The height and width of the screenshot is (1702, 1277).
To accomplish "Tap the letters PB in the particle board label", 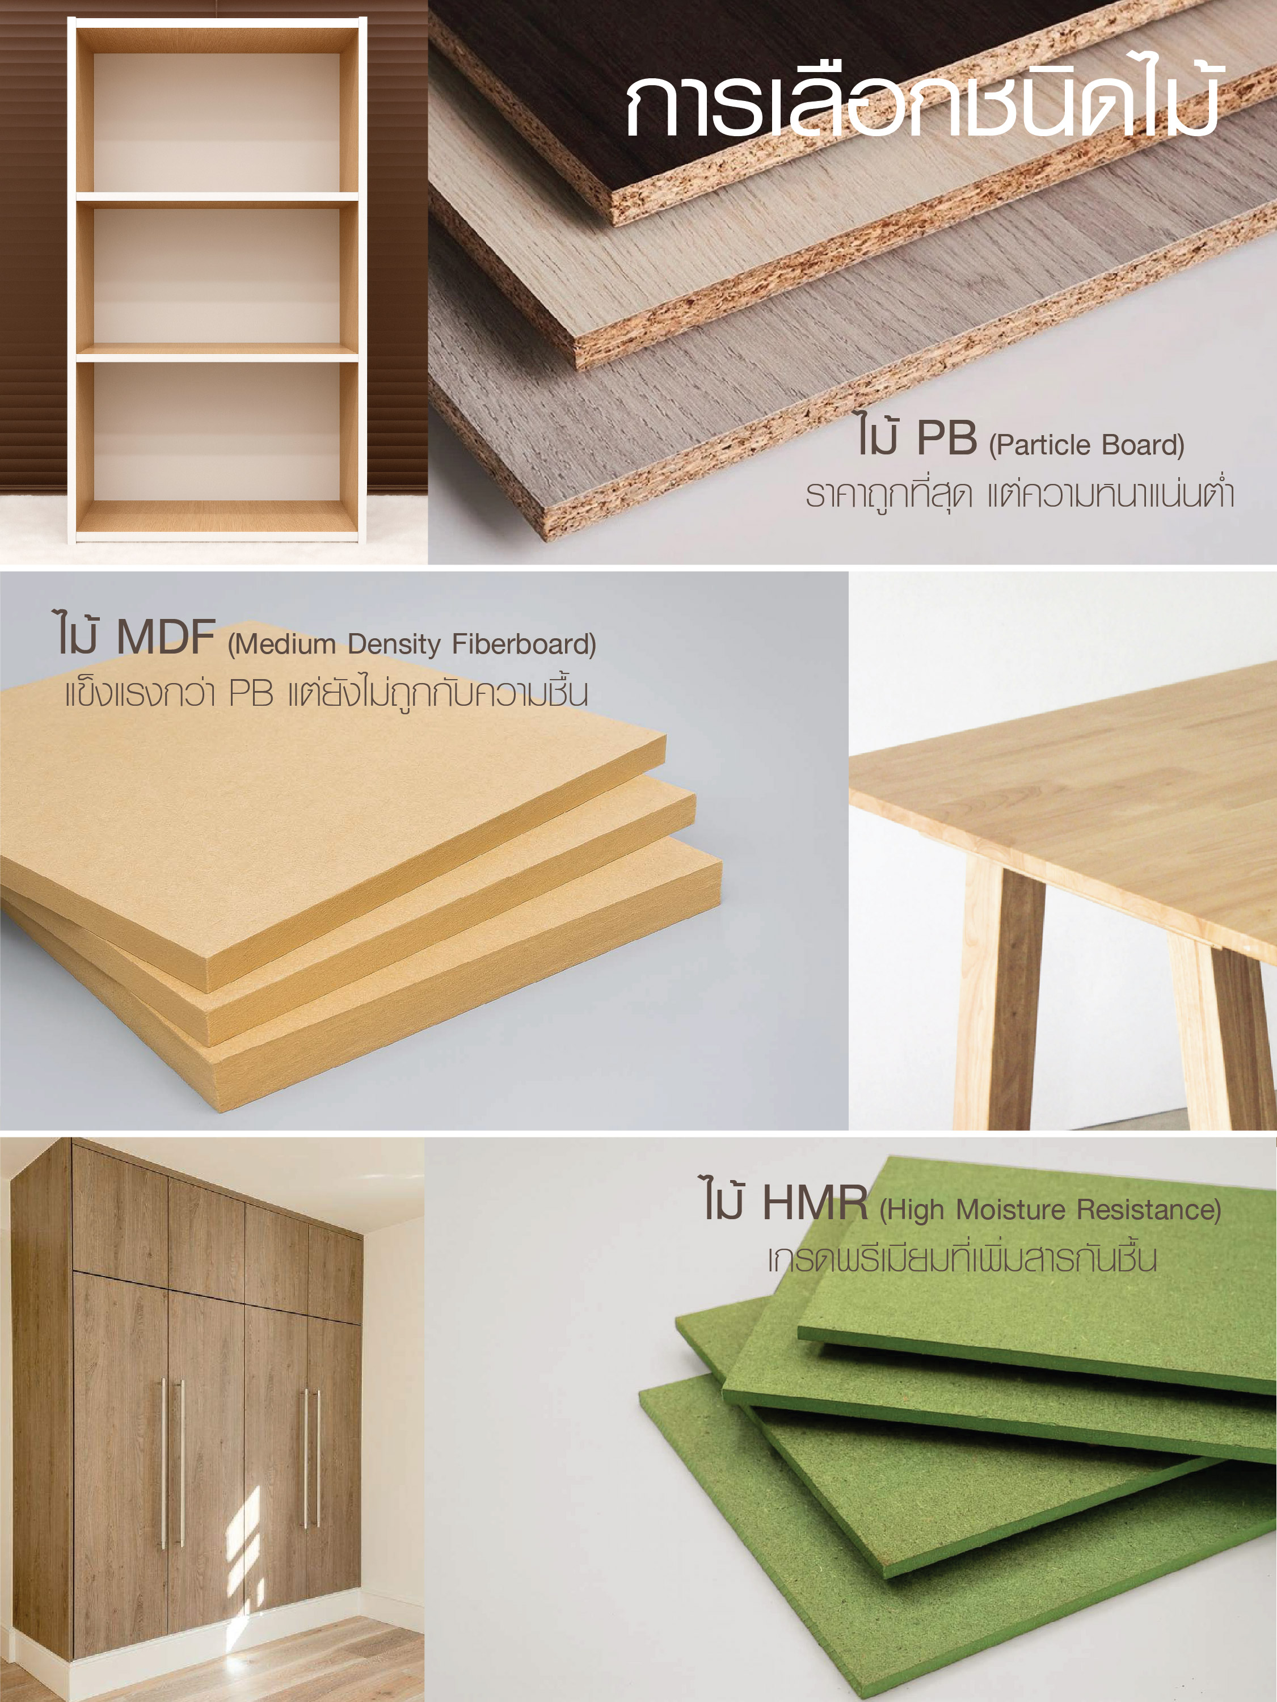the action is point(947,438).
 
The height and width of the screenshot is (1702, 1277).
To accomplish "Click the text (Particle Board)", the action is point(1086,445).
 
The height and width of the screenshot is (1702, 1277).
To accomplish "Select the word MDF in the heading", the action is point(165,637).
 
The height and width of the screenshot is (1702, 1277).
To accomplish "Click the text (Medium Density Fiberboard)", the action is point(411,644).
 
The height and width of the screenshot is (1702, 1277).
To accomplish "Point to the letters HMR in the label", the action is point(815,1203).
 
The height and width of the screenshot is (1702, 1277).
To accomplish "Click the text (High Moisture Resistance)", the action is point(1050,1210).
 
